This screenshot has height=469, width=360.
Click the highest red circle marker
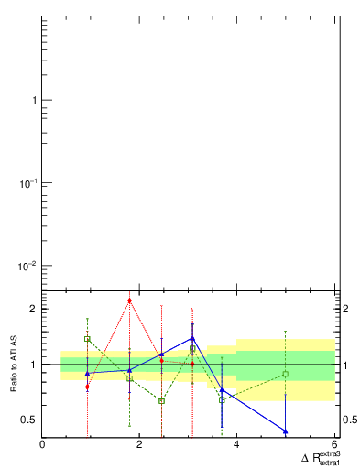pyautogui.click(x=130, y=300)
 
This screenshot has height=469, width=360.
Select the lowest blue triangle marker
pyautogui.click(x=286, y=431)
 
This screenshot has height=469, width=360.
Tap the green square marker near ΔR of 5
pyautogui.click(x=286, y=374)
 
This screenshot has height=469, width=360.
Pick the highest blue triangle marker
pyautogui.click(x=192, y=340)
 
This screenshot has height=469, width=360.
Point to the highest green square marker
pyautogui.click(x=87, y=339)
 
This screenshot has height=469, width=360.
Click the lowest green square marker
pyautogui.click(x=161, y=401)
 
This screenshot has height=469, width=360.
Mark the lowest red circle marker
pyautogui.click(x=87, y=387)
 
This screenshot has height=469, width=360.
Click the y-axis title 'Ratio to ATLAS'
pyautogui.click(x=14, y=365)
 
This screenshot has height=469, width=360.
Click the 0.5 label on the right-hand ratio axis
pyautogui.click(x=350, y=420)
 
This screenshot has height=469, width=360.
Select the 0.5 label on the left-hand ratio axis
pyautogui.click(x=28, y=420)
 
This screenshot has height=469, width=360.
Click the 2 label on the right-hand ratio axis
pyautogui.click(x=345, y=309)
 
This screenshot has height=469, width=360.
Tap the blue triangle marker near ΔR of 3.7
pyautogui.click(x=222, y=390)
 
